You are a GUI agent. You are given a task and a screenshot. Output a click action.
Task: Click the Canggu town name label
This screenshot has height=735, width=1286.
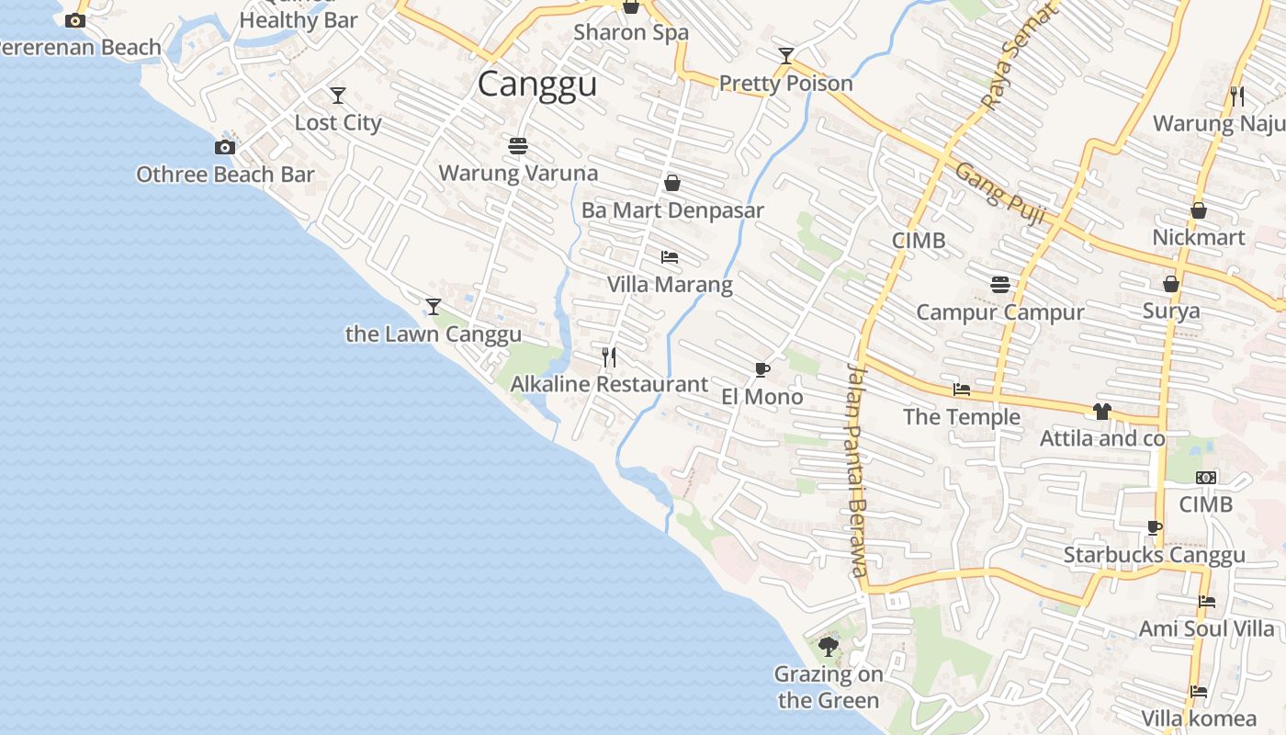tap(537, 84)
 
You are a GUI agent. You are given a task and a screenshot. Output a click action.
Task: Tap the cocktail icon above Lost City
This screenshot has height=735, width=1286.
tap(338, 95)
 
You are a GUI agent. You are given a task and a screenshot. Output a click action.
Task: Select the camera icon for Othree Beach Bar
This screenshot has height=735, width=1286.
tap(225, 147)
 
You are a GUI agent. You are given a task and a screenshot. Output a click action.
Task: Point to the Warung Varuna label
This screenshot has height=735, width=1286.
tap(518, 173)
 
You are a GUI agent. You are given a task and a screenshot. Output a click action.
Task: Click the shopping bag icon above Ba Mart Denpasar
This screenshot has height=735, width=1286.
tap(672, 183)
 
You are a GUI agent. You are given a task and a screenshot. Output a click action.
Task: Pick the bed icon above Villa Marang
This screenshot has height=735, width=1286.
tap(670, 257)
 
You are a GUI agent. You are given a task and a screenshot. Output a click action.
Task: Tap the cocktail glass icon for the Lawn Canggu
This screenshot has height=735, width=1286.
tap(434, 306)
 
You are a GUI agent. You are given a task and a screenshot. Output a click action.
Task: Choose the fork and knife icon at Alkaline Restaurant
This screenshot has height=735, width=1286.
tap(609, 356)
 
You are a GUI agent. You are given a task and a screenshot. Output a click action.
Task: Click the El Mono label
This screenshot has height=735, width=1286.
tap(762, 397)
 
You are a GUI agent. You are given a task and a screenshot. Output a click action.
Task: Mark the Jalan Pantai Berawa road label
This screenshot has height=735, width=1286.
tap(856, 469)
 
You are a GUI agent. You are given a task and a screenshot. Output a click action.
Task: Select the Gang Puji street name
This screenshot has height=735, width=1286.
tap(999, 194)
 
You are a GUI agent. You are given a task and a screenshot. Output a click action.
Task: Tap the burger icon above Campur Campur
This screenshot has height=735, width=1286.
tap(1000, 285)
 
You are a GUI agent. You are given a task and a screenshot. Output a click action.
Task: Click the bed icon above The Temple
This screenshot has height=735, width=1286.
tap(962, 390)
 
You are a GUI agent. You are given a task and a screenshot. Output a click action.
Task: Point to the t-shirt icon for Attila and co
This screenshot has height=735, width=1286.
tap(1102, 411)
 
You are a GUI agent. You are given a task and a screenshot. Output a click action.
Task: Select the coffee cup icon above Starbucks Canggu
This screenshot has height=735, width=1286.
tap(1155, 527)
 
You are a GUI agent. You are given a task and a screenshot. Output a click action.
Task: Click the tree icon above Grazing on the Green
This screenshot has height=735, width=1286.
tap(829, 647)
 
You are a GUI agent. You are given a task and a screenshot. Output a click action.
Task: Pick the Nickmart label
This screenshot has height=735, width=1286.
tap(1199, 238)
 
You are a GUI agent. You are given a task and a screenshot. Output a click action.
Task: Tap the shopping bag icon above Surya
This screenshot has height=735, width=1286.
tap(1171, 284)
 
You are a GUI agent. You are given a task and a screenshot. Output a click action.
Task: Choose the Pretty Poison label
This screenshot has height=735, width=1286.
tap(786, 84)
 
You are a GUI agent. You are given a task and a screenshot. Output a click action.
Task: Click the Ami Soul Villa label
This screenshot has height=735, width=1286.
tap(1207, 629)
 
